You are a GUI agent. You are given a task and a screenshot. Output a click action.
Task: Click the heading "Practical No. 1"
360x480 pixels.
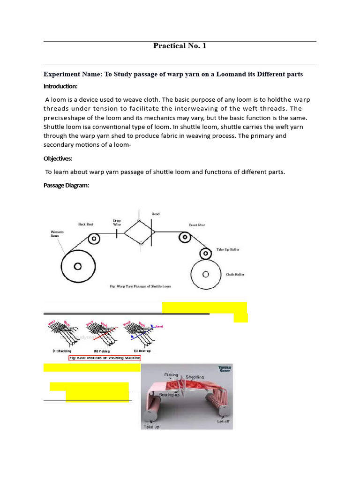180,45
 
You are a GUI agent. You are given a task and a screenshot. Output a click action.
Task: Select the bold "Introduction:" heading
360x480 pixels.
60,86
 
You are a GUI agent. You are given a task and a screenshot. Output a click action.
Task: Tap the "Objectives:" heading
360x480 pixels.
58,159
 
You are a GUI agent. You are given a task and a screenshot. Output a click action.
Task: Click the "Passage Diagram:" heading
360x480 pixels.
66,185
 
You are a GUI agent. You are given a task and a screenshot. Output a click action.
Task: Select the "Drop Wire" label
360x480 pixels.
117,222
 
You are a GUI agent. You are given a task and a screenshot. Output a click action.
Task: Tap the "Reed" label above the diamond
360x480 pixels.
155,214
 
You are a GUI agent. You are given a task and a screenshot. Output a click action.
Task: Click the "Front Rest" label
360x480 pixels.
197,225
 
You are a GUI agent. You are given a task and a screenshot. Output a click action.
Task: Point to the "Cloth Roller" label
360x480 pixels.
235,275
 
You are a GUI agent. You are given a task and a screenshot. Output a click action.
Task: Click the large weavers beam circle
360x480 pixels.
77,266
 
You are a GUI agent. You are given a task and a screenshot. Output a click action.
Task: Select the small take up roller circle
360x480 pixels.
205,254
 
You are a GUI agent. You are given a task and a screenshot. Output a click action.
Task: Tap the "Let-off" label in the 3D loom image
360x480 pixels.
223,421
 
